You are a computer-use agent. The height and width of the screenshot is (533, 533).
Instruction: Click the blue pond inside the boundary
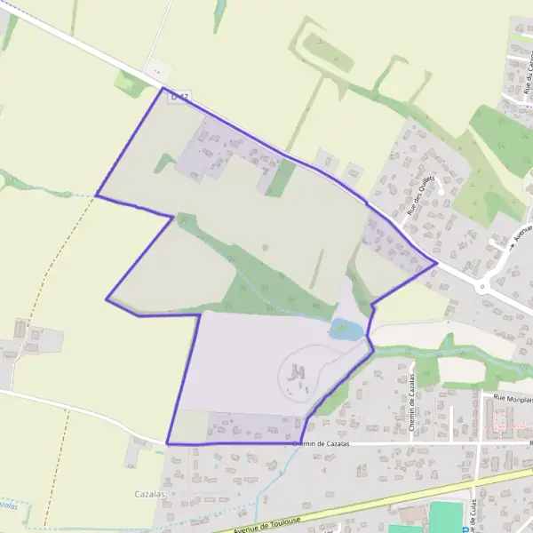(x=346, y=330)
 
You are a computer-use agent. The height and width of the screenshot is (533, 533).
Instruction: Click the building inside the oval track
(x=298, y=370)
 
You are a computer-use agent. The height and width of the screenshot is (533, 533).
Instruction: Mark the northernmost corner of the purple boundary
(x=163, y=88)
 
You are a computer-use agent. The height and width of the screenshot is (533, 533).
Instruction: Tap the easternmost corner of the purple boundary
(x=436, y=262)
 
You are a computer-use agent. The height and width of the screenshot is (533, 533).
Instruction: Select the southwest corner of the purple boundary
(x=167, y=443)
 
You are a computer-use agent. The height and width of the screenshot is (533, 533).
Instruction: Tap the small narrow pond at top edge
(x=219, y=11)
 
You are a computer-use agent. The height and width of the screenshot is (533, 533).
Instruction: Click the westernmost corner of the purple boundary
(x=96, y=195)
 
